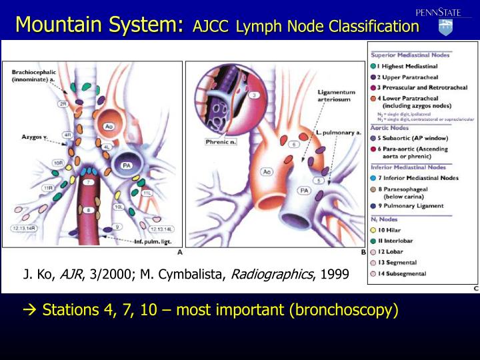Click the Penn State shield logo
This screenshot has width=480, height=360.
445,27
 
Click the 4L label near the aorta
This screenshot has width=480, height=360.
107,146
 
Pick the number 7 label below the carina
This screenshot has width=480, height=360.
87,181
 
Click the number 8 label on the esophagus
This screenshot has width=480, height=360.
87,210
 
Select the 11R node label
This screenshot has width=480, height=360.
48,188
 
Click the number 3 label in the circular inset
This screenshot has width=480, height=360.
254,95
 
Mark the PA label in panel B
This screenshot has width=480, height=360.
303,191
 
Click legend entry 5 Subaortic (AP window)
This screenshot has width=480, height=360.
409,138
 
